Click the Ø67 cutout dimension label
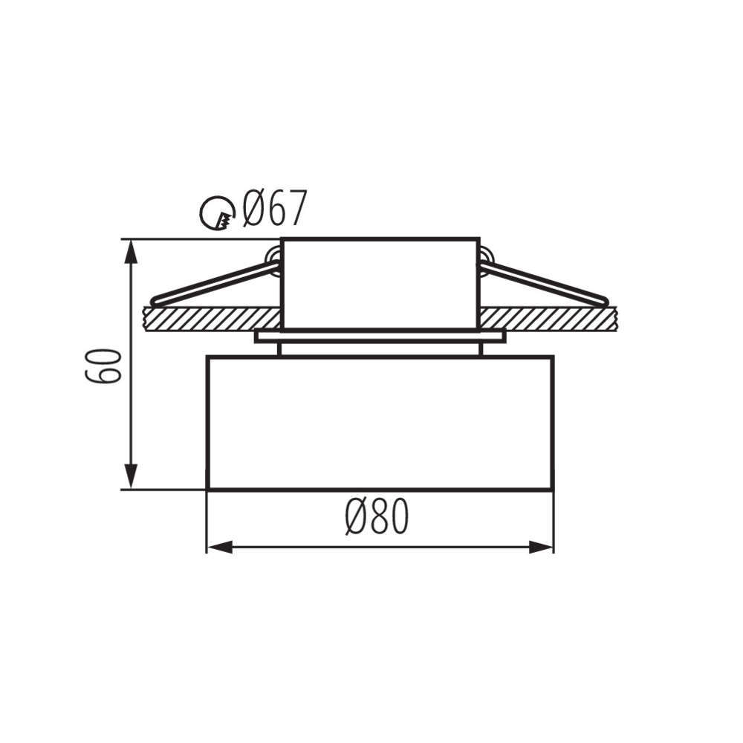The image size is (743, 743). (x=275, y=209)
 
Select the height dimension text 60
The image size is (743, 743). (x=103, y=366)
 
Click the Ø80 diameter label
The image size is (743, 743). (x=377, y=517)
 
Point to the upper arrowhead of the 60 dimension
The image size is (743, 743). (x=132, y=252)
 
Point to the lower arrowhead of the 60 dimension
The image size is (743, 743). (x=132, y=477)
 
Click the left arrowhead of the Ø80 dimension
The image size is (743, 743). (x=220, y=548)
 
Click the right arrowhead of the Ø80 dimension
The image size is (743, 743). (x=541, y=548)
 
